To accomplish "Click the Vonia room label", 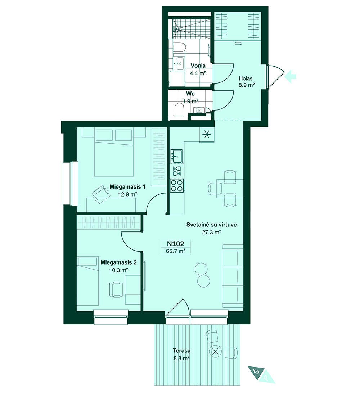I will pos(198,66).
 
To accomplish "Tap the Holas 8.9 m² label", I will pos(247,82).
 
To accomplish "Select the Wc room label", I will pos(190,94).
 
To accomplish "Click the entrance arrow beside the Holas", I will pos(290,76).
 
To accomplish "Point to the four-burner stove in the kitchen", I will pos(177,185).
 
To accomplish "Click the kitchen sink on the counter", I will pos(176,156).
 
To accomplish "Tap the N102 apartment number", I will pos(176,244).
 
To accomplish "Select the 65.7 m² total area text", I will pos(176,251).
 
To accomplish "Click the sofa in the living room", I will pos(233,276).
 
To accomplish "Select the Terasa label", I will pos(181,351).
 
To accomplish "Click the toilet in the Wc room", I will pos(179,109).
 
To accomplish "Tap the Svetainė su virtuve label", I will pos(206,225).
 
